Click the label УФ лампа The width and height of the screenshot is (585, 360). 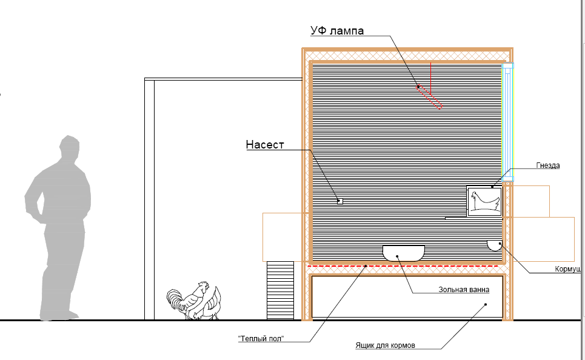[337, 31]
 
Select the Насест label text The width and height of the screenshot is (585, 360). [264, 145]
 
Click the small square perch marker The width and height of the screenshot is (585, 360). [340, 201]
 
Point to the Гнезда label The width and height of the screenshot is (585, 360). [548, 165]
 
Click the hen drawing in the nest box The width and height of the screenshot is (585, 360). [484, 201]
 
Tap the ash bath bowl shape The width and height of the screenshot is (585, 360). [403, 252]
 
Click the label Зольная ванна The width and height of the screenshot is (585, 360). [464, 290]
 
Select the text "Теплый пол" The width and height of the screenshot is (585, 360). [261, 338]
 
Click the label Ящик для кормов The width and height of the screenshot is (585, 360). [386, 346]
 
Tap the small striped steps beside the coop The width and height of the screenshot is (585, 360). [280, 290]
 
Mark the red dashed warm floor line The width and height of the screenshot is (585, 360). [403, 265]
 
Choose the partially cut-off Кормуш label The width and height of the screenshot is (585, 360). [568, 268]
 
